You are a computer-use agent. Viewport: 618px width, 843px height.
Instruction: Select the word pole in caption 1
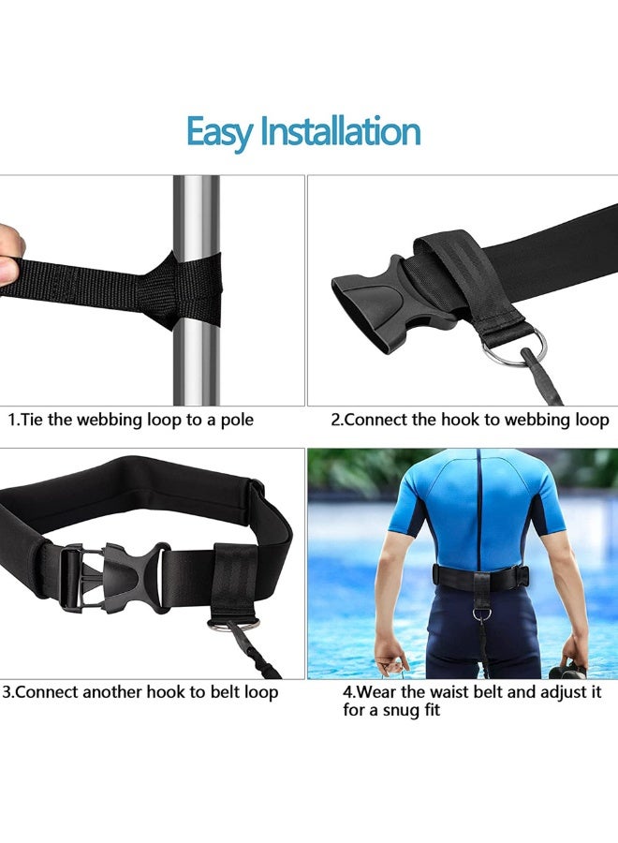(235, 420)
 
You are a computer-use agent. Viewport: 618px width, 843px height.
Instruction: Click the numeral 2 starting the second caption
(335, 420)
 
